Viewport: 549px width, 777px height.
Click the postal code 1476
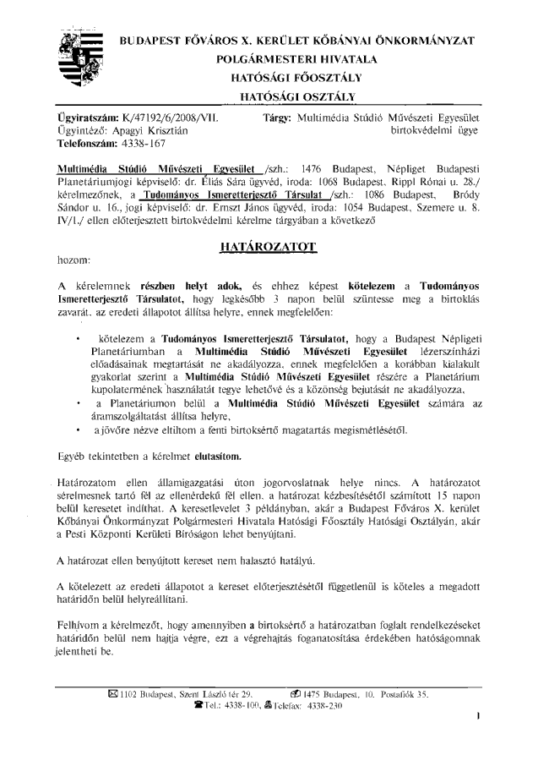tap(315, 168)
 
